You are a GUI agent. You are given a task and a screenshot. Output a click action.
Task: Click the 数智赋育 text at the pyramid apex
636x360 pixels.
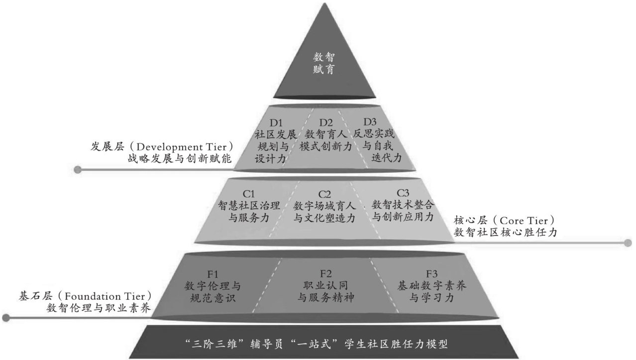tap(323, 62)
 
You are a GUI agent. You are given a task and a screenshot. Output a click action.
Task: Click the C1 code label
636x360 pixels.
tap(249, 193)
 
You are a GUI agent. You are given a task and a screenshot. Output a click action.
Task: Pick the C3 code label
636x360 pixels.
tap(403, 193)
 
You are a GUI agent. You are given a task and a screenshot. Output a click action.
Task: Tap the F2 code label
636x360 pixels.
tap(325, 273)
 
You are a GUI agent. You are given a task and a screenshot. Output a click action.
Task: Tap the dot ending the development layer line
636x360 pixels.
tap(77, 170)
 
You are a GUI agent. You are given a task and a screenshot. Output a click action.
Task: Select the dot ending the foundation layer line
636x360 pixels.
tap(6, 318)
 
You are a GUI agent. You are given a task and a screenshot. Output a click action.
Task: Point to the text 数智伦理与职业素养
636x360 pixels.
tap(99, 308)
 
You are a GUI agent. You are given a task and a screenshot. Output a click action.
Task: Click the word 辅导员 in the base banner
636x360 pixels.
tap(257, 343)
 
